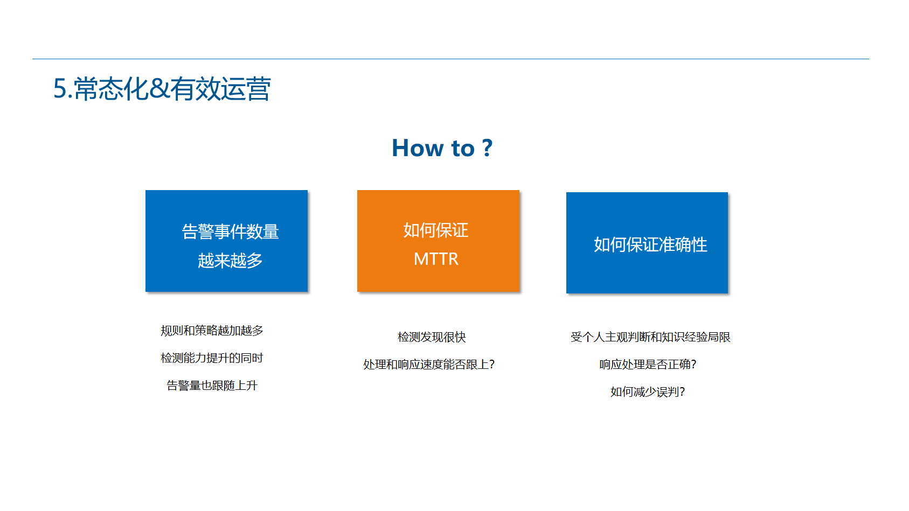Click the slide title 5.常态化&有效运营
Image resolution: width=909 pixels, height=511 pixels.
(162, 88)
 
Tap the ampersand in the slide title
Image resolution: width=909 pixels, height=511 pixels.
(159, 88)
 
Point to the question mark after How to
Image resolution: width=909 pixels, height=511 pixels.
(488, 148)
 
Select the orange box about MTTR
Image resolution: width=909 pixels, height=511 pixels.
(438, 241)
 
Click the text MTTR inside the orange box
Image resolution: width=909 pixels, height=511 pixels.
(436, 259)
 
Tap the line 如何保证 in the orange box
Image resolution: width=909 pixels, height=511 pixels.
(436, 230)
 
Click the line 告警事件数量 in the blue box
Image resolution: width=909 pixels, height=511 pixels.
(230, 232)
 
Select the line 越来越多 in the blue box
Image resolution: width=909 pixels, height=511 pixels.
(230, 261)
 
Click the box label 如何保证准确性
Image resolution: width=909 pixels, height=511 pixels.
(650, 244)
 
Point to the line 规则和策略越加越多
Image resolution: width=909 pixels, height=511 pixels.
(212, 331)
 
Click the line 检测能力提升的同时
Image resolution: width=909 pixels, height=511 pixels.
(212, 358)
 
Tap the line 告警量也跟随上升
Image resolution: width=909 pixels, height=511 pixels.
(212, 386)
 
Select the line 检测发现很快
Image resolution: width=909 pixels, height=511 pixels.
(432, 337)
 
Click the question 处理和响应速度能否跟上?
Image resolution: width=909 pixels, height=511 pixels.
(429, 364)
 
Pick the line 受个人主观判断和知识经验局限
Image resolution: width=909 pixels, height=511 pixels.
(650, 337)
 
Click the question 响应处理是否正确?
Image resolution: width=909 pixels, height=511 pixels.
(648, 364)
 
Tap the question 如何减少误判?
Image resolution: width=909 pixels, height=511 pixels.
(648, 392)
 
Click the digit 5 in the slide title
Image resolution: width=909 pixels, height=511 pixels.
(60, 89)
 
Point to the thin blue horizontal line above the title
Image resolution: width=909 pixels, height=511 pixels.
(450, 59)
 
